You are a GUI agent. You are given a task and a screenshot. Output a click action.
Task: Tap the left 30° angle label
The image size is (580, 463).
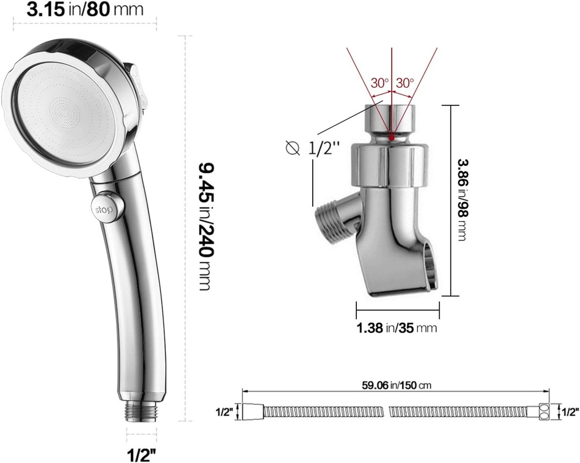380,82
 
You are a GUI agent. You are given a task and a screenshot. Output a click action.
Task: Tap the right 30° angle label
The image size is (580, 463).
405,82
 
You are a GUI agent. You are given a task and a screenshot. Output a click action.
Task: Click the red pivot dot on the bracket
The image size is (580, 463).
392,137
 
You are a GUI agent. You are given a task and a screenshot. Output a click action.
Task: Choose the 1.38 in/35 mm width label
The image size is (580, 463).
396,328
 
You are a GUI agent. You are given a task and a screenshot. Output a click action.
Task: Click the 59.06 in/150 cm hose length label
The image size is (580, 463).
396,385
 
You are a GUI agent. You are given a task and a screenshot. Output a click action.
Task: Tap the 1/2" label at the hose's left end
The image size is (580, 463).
225,412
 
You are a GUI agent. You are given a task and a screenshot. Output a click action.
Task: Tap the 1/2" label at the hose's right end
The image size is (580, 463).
569,411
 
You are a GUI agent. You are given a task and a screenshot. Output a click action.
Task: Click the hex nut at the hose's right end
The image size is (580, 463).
544,412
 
